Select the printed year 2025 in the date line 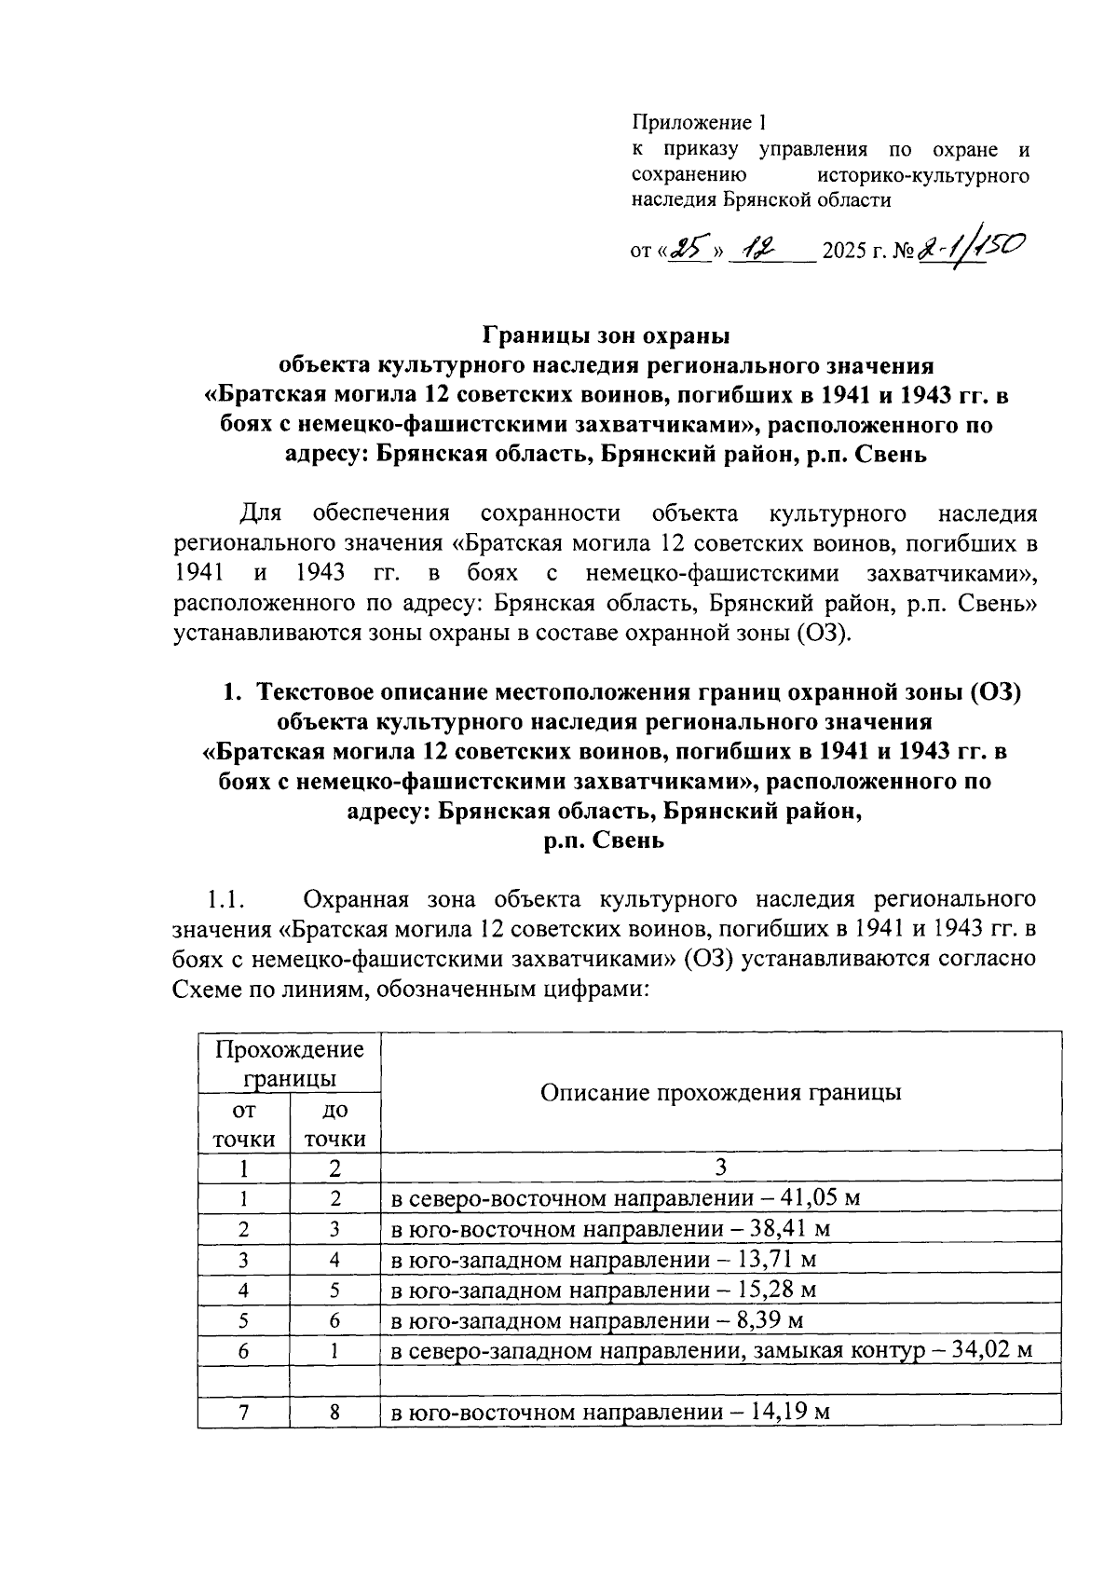click(x=845, y=252)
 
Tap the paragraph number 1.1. click(x=225, y=900)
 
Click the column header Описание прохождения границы click(x=720, y=1092)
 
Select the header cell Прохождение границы click(x=289, y=1064)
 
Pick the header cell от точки click(x=243, y=1124)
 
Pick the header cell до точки click(x=334, y=1124)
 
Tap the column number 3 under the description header click(x=720, y=1168)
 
